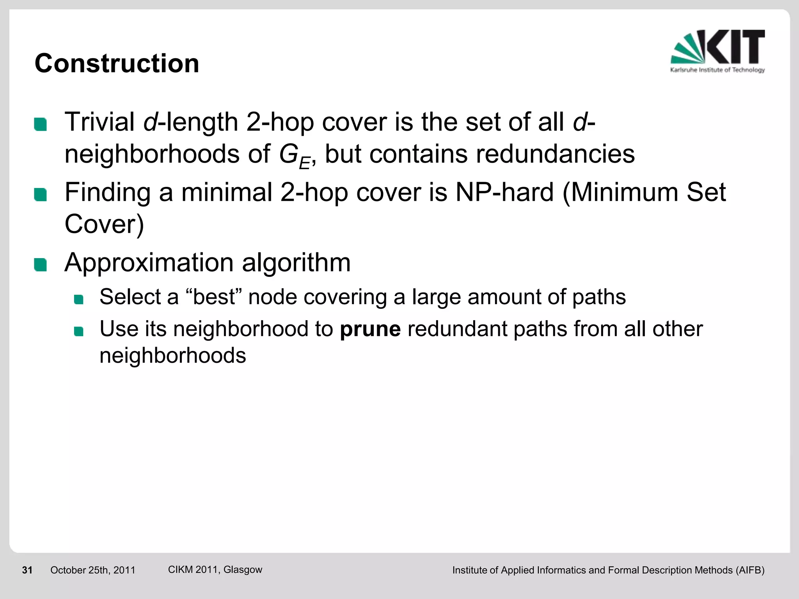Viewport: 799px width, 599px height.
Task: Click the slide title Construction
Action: pos(117,63)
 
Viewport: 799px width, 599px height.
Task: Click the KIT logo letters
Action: pos(735,47)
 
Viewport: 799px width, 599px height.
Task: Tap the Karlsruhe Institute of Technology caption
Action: pos(717,70)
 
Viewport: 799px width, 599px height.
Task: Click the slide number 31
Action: pos(27,570)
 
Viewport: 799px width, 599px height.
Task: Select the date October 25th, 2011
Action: pos(93,570)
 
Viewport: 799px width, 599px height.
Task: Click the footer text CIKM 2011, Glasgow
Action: pos(215,569)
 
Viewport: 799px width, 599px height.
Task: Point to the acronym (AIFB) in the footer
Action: pos(750,570)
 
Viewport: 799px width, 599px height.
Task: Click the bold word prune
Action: pos(370,329)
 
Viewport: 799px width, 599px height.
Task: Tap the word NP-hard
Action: pos(504,192)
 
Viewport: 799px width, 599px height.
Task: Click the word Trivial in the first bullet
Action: pos(99,122)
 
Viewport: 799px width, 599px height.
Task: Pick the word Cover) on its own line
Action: pos(104,224)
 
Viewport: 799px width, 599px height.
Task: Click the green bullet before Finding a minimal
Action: pos(41,194)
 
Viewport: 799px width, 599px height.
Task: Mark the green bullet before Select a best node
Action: pos(79,299)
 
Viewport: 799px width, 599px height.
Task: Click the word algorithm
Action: pos(296,262)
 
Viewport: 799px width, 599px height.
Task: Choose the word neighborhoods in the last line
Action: pos(172,355)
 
